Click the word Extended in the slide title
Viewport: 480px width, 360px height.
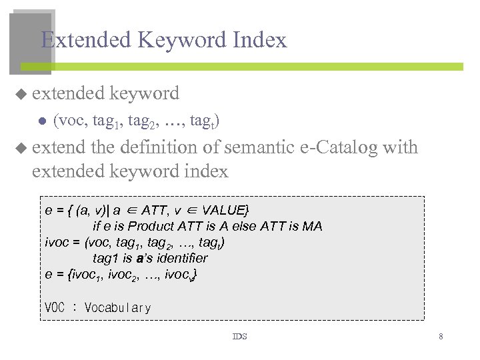click(x=86, y=40)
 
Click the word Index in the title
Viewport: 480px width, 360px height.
click(x=262, y=40)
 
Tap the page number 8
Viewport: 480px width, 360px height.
click(x=441, y=337)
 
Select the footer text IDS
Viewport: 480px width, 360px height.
click(x=239, y=337)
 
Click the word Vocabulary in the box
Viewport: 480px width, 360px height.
click(x=118, y=308)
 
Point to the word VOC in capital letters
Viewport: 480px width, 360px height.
click(x=55, y=308)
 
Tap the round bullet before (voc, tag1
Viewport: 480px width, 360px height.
click(x=41, y=121)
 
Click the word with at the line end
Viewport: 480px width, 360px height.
click(x=401, y=147)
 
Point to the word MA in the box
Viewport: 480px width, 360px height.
click(x=312, y=226)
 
